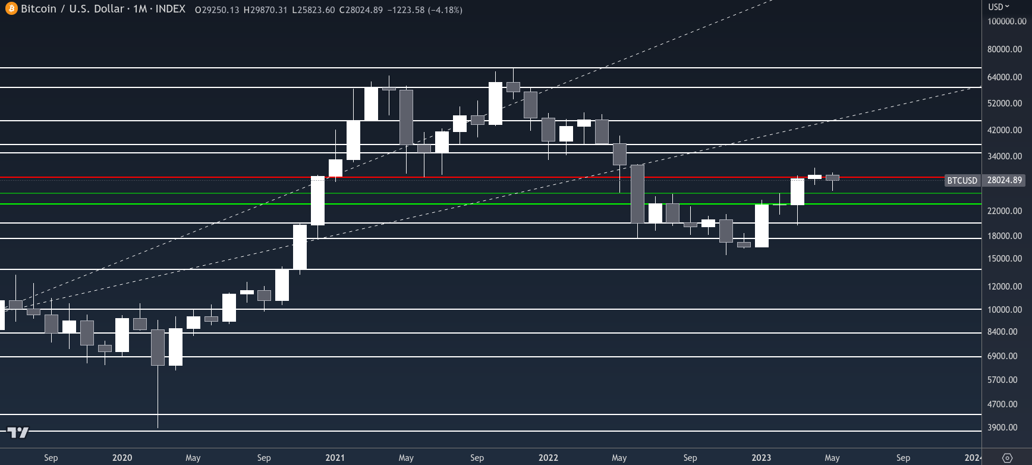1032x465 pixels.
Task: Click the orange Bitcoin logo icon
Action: tap(11, 10)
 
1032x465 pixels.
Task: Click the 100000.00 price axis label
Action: tap(1006, 21)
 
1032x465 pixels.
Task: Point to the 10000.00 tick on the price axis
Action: tap(1005, 310)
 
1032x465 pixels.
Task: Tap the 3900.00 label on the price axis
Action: tap(1002, 428)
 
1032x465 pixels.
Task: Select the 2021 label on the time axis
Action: tap(335, 458)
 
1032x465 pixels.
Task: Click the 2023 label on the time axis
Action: tap(761, 458)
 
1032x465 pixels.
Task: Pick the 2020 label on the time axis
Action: tap(122, 458)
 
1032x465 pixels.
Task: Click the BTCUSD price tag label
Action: tap(962, 180)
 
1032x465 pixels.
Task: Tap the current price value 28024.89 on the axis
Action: tap(1004, 180)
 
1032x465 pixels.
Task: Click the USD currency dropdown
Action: tap(999, 7)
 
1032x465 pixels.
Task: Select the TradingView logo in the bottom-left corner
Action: tap(18, 432)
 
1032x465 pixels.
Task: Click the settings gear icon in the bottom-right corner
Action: tap(1007, 458)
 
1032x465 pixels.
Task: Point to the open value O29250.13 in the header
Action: tap(217, 10)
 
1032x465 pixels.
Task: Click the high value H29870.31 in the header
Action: tap(265, 10)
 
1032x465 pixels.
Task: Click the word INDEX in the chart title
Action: tap(170, 9)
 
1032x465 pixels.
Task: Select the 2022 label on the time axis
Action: tap(548, 458)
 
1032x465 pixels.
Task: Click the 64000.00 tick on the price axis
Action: tap(1005, 77)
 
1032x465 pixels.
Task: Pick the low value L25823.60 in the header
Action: tap(313, 10)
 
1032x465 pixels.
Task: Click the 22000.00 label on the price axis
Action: tap(1005, 211)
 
